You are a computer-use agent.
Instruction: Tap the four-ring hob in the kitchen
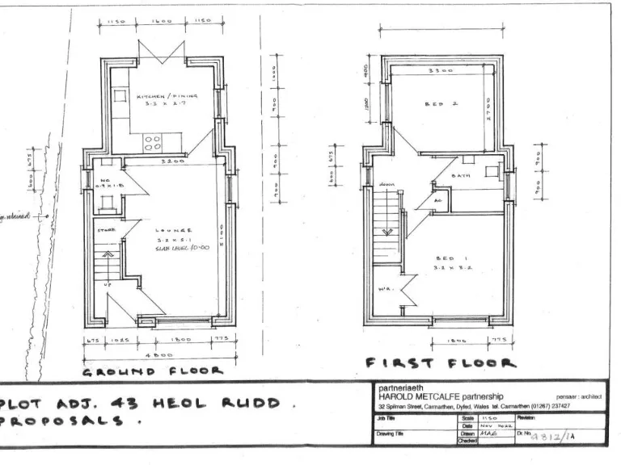click(x=151, y=143)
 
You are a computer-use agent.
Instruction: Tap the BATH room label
click(x=462, y=175)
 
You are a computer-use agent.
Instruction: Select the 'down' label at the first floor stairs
click(x=387, y=185)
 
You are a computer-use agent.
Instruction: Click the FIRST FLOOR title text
click(x=441, y=363)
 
